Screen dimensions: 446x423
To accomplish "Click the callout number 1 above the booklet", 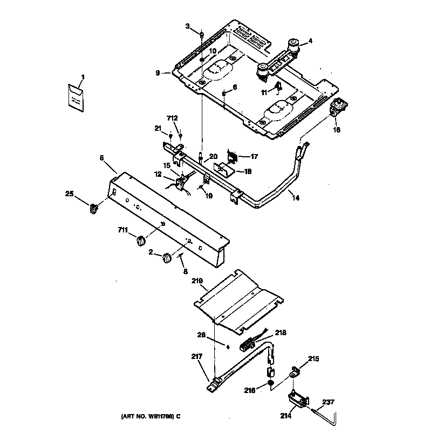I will click(83, 76).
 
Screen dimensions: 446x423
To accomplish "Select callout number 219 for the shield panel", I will click(197, 282).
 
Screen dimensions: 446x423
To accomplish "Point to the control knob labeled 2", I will click(167, 258).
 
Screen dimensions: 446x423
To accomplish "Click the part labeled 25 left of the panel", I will click(93, 207).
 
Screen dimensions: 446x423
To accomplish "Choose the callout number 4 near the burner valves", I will click(310, 41).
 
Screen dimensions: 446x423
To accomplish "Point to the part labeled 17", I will click(233, 157).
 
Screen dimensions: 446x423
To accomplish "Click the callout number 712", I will click(172, 118).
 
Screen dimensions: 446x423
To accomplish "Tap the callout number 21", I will click(158, 128).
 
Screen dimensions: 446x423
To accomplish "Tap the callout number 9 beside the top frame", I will click(158, 73).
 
